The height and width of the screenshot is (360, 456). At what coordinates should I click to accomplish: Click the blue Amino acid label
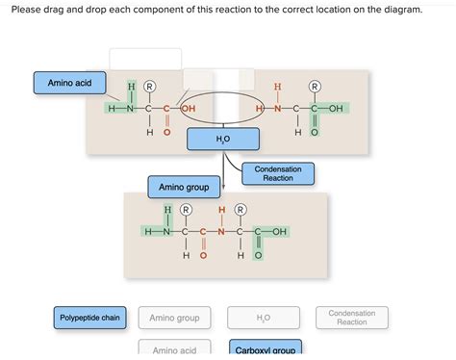click(69, 85)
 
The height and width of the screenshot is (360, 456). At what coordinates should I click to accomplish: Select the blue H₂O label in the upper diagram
click(223, 141)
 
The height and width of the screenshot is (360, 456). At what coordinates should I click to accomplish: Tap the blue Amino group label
click(186, 186)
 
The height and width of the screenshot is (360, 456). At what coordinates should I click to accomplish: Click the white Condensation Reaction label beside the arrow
click(278, 174)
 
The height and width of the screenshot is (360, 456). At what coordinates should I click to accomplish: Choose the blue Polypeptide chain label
click(89, 317)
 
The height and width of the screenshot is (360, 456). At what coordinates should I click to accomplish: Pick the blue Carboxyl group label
click(265, 349)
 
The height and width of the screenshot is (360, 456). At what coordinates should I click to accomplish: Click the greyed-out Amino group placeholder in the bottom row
click(174, 317)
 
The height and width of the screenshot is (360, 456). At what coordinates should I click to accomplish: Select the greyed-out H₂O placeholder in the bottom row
click(264, 317)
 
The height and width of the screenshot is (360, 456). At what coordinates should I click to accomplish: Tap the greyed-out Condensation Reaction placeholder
click(351, 317)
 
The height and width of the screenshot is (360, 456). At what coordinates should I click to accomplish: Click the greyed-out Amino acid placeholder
click(174, 349)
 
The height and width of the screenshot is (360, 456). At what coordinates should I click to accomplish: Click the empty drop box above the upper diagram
click(145, 59)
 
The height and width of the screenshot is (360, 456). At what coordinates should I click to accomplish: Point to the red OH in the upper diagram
click(187, 109)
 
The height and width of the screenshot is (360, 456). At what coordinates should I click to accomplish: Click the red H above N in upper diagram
click(278, 87)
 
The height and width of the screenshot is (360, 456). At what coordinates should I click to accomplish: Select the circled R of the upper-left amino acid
click(149, 87)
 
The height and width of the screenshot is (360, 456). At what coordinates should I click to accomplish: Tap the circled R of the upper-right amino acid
click(314, 87)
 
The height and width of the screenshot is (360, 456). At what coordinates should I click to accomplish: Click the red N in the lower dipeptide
click(221, 232)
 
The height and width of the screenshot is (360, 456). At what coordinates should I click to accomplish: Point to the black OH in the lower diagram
click(279, 232)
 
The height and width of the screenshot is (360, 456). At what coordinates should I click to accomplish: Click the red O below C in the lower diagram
click(204, 256)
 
